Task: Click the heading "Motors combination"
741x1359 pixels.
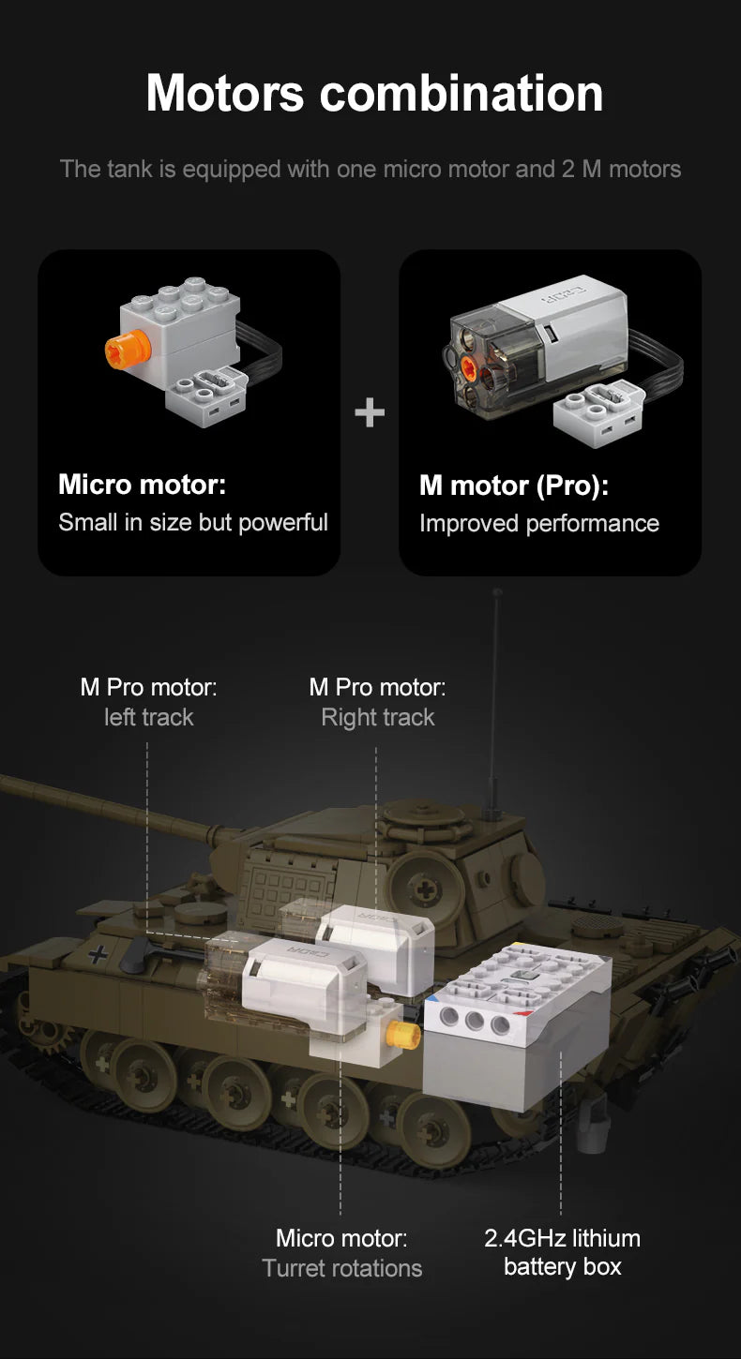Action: coord(374,94)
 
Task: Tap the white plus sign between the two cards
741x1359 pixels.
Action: coord(370,412)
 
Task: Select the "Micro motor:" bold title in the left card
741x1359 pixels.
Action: coord(143,485)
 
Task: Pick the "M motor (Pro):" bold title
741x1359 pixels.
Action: coord(514,485)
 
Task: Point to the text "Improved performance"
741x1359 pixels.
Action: coord(538,523)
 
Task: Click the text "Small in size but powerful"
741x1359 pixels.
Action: coord(193,522)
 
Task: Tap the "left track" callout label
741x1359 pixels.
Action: coord(148,717)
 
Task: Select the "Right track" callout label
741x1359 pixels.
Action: coord(378,717)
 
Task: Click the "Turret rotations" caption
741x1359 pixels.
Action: coord(342,1268)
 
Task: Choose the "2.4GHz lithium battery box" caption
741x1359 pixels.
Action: coord(562,1252)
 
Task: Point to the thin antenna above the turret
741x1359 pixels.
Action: coord(495,703)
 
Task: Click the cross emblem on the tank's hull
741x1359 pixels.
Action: coord(97,955)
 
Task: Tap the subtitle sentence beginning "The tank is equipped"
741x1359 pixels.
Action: coord(370,170)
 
